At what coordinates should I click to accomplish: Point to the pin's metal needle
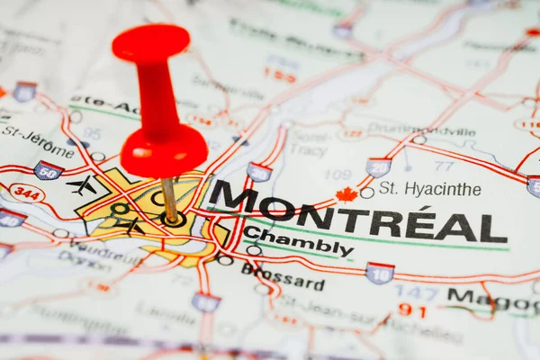(x=169, y=198)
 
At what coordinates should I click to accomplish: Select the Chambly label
(x=298, y=241)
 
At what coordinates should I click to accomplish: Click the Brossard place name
(x=283, y=276)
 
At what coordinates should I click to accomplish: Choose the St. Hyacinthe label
(x=429, y=189)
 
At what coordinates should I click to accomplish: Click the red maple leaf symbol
(x=346, y=194)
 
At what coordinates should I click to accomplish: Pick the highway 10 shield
(x=380, y=273)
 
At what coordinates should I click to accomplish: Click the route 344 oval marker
(x=27, y=193)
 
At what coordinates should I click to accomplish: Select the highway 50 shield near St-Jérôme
(x=48, y=170)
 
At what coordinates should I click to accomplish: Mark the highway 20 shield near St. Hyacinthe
(x=379, y=167)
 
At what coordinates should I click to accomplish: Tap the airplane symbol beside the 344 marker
(x=82, y=186)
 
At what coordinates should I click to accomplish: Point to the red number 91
(x=411, y=310)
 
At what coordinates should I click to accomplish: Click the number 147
(x=415, y=292)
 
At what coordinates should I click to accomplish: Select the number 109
(x=337, y=174)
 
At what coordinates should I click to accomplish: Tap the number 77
(x=443, y=166)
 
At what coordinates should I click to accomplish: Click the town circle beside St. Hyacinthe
(x=366, y=193)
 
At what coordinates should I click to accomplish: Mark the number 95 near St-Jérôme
(x=92, y=133)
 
